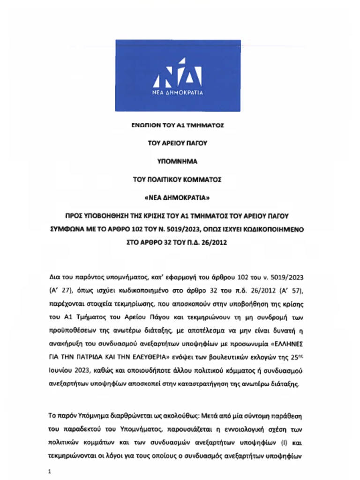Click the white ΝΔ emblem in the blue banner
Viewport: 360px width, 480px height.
tap(178, 74)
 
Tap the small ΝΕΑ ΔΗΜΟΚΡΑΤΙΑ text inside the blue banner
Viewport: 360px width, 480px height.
tap(178, 93)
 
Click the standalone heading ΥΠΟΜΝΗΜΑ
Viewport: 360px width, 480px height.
tap(178, 162)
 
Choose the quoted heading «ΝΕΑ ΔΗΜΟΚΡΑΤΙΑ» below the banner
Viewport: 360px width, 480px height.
tap(178, 197)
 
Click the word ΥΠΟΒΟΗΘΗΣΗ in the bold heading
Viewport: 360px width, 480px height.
tap(111, 216)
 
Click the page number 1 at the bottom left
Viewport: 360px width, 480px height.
tap(51, 471)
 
